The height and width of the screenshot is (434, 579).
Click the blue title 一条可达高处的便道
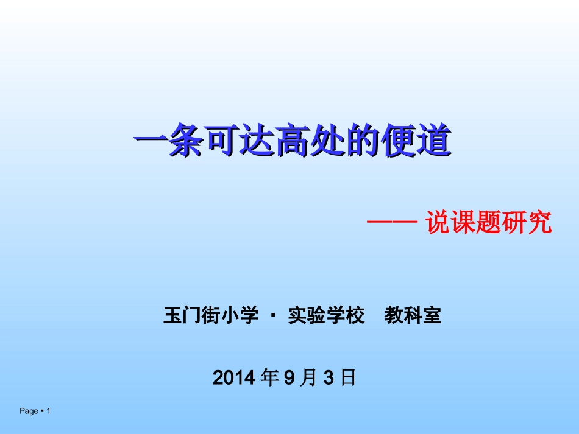[292, 142]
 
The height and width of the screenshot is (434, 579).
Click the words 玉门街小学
[207, 316]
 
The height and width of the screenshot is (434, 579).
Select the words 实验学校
[326, 316]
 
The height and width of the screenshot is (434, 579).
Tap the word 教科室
[413, 316]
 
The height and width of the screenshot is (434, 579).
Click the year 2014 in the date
[233, 378]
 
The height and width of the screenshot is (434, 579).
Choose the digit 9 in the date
[289, 378]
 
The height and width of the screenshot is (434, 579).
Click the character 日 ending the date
[347, 378]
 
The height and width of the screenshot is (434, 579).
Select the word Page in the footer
[29, 412]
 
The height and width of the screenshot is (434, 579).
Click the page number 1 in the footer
[48, 412]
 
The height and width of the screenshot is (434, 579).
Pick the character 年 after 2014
[269, 378]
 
